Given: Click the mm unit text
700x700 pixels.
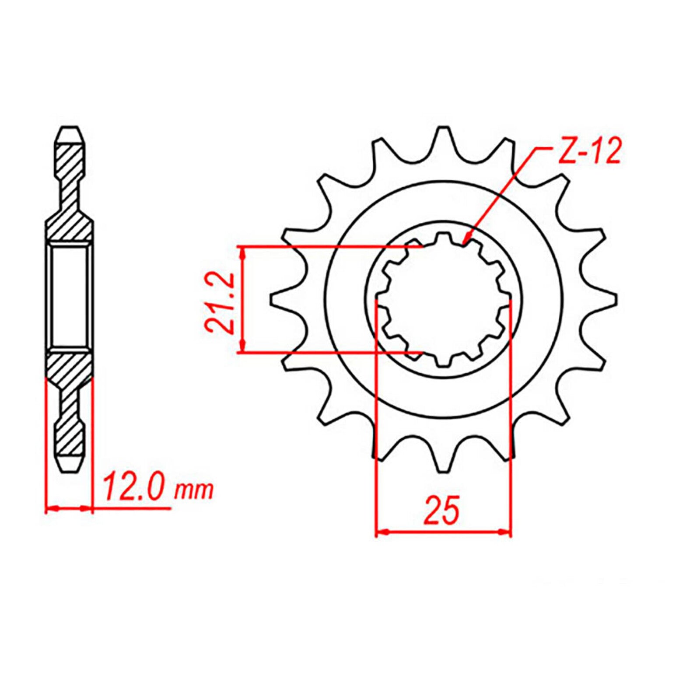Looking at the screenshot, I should click(x=194, y=491).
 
